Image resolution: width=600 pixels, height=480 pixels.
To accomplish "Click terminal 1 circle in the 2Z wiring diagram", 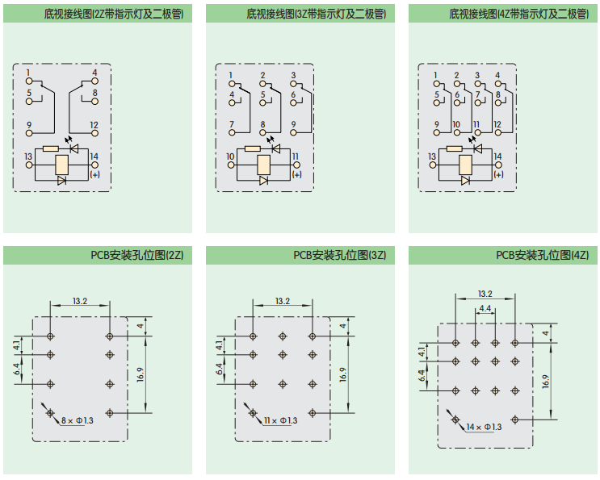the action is click(x=29, y=81).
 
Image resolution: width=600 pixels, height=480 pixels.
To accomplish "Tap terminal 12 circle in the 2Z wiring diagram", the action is click(x=95, y=133).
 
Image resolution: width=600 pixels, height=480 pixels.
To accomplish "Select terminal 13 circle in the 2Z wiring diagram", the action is click(x=29, y=165).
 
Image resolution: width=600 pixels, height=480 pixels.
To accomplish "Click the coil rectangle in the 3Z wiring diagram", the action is click(x=263, y=165).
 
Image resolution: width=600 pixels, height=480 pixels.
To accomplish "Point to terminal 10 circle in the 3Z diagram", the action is click(x=231, y=165).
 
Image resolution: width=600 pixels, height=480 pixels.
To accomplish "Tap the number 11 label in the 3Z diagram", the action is click(x=296, y=157).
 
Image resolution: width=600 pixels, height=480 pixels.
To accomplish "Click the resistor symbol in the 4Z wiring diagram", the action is click(x=454, y=148).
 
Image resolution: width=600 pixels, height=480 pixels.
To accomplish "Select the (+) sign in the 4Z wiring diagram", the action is click(x=498, y=174).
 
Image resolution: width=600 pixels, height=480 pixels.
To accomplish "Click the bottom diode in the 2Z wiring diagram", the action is click(x=62, y=181).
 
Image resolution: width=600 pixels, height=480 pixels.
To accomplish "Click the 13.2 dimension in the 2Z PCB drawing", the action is click(x=80, y=301).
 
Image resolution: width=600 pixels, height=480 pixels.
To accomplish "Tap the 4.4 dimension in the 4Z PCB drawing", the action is click(x=485, y=308).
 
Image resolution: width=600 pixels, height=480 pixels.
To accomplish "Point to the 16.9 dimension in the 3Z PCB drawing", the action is click(x=343, y=374).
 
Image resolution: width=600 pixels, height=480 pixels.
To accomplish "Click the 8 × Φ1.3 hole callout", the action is click(x=78, y=420).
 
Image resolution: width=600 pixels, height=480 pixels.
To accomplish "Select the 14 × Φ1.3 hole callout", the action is click(x=484, y=427).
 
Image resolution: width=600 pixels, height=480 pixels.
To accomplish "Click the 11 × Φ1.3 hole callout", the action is click(x=281, y=420).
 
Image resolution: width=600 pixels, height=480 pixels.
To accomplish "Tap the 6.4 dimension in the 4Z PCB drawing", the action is click(x=422, y=376).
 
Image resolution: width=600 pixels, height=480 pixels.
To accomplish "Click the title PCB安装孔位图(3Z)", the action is click(x=340, y=255).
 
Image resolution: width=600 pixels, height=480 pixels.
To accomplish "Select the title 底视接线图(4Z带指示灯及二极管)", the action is click(x=519, y=14).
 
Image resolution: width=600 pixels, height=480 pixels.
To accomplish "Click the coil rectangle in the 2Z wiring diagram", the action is click(x=62, y=165).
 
